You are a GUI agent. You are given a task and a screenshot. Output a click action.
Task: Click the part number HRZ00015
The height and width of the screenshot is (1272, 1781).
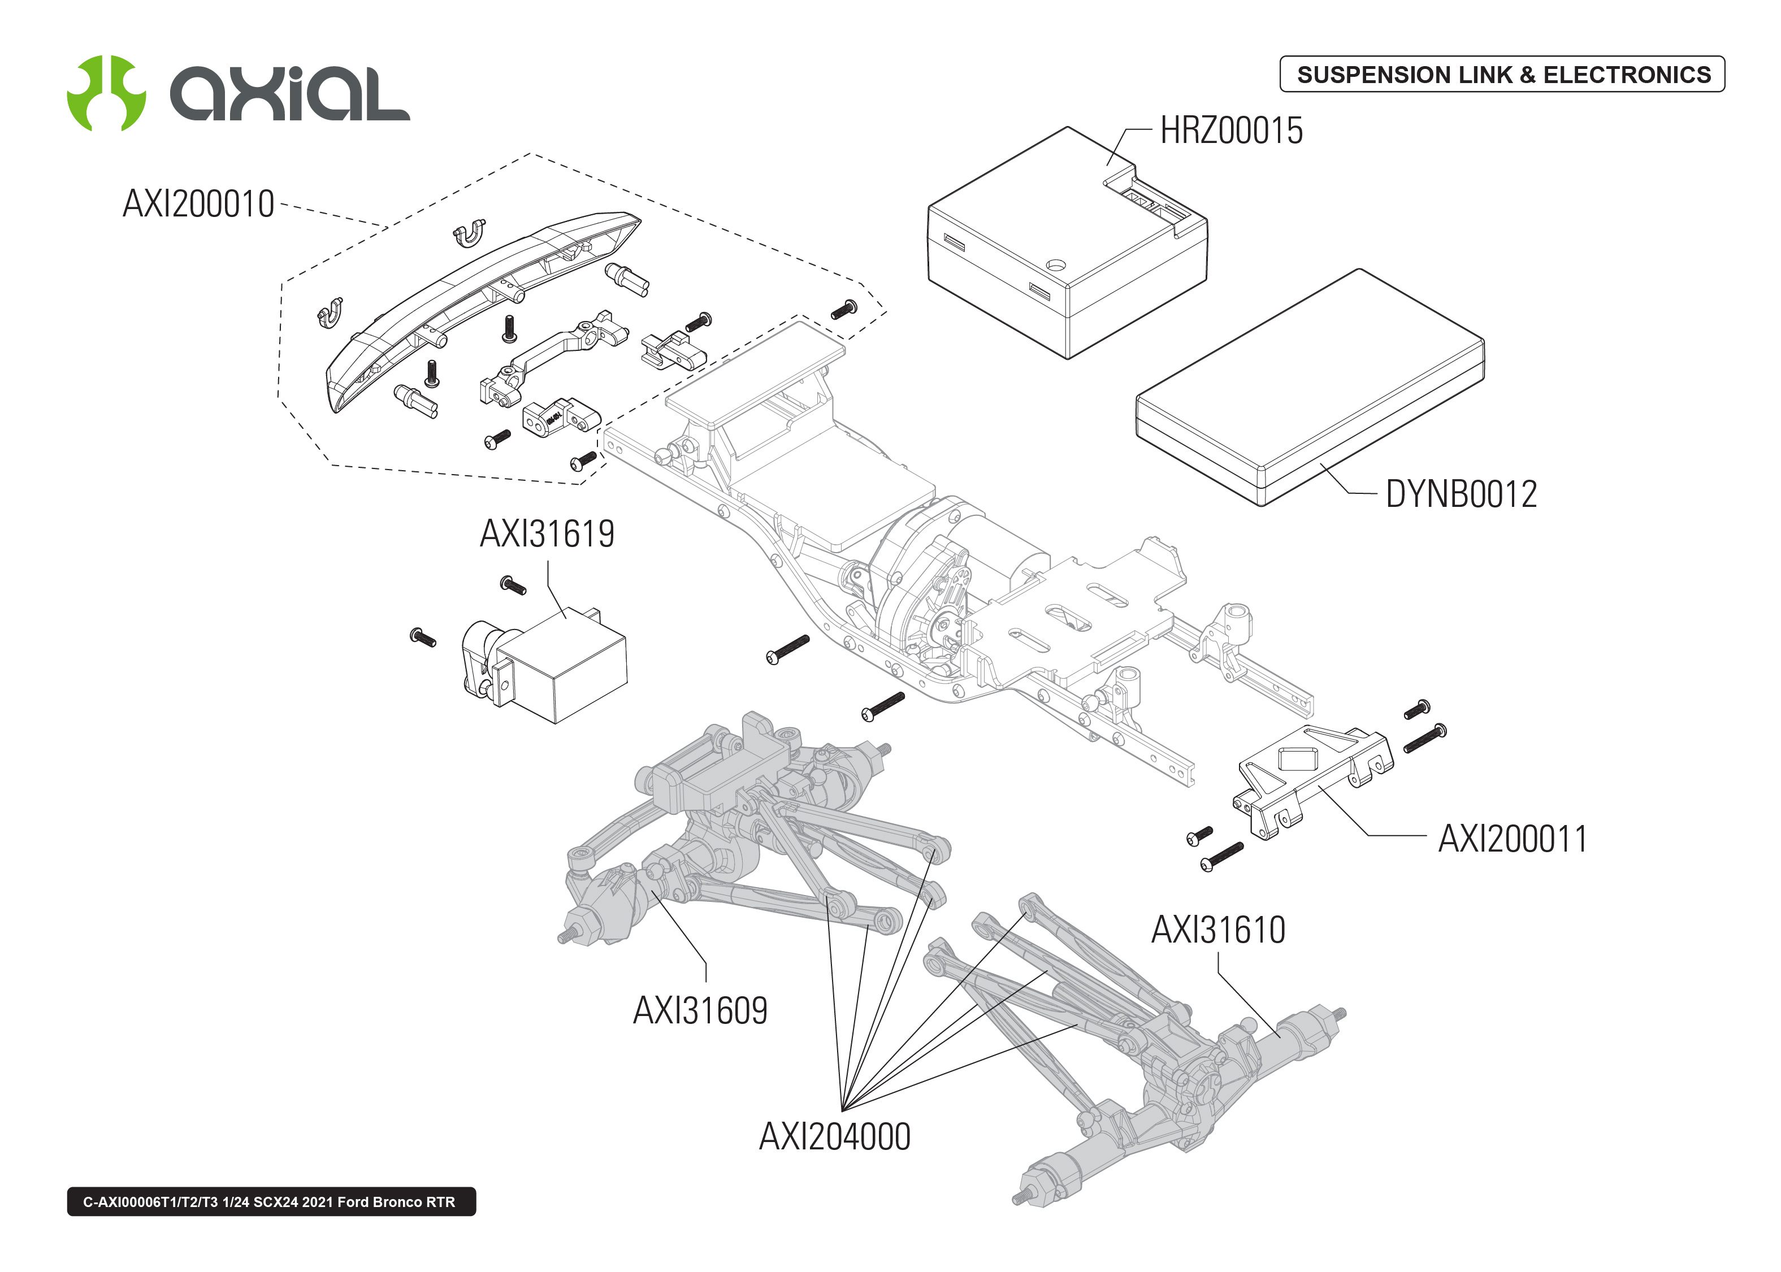coord(1230,131)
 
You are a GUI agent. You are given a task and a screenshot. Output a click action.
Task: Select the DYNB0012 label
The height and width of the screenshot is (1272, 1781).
coord(1461,494)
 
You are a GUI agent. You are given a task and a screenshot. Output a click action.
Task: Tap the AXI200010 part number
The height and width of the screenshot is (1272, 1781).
coord(198,205)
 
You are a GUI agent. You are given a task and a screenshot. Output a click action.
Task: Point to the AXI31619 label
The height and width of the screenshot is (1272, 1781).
coord(547,534)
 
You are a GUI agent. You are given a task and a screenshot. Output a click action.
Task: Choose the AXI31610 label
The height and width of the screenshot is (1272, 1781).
coord(1218,931)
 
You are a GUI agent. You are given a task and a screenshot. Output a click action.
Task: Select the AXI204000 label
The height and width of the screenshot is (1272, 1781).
coord(835,1138)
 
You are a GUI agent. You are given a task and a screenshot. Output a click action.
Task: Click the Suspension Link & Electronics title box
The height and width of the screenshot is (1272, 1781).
coord(1502,75)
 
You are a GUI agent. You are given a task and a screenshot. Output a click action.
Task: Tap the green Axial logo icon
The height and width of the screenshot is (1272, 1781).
coord(106,93)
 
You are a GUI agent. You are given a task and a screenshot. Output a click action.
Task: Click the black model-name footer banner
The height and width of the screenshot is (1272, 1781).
coord(271,1201)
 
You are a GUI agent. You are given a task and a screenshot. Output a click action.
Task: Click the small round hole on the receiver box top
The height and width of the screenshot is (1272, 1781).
coord(1056,264)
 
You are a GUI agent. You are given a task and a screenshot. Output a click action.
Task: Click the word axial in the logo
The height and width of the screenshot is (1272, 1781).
coord(290,94)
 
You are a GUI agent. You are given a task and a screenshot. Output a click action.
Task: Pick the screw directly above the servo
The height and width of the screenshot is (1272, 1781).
coord(512,584)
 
